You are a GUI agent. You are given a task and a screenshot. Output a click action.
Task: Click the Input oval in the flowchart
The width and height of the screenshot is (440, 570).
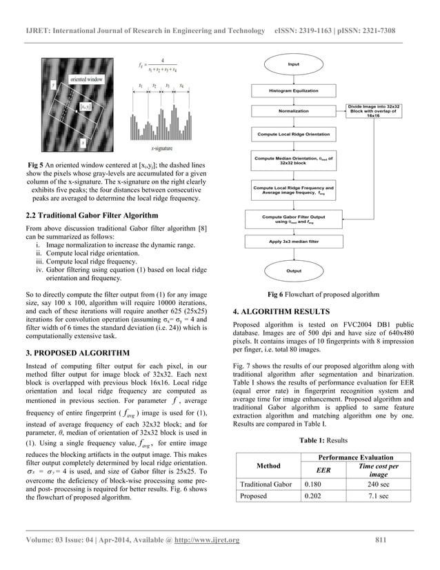click(293, 64)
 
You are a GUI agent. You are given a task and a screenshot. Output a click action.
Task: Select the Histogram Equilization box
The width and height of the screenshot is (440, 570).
click(294, 91)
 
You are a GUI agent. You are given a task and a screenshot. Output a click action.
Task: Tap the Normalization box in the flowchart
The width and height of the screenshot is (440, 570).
click(294, 110)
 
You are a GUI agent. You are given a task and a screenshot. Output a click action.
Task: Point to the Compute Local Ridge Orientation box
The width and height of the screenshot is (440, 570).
click(294, 134)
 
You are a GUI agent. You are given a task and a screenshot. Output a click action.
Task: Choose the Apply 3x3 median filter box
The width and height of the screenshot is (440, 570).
click(294, 242)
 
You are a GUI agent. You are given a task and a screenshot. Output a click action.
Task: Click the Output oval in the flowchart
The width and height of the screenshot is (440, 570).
click(294, 271)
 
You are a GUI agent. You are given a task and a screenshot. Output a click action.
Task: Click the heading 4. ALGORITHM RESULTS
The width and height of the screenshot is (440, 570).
click(282, 311)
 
